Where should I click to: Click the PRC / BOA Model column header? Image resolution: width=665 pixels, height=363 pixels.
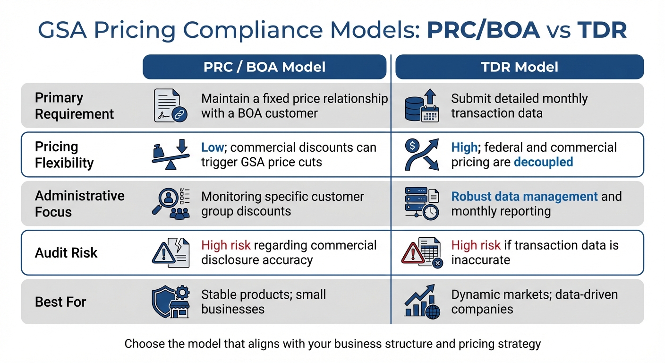(264, 67)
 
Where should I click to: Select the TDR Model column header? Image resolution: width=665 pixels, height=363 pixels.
(520, 67)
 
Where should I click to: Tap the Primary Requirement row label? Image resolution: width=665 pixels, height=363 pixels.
(74, 106)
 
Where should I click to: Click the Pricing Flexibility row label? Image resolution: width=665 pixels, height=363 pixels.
(64, 155)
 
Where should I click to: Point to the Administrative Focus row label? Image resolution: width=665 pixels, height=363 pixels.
(79, 204)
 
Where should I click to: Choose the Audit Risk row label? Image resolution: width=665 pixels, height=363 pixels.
(66, 253)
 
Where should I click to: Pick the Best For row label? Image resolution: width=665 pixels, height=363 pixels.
(60, 302)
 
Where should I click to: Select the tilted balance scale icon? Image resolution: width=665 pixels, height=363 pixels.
(171, 155)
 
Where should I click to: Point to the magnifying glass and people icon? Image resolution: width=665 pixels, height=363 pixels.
(171, 204)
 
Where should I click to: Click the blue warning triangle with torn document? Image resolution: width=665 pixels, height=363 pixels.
(171, 253)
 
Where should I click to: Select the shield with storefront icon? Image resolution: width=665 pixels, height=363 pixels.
(171, 302)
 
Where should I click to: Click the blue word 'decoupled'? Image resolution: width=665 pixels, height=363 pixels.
(543, 162)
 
